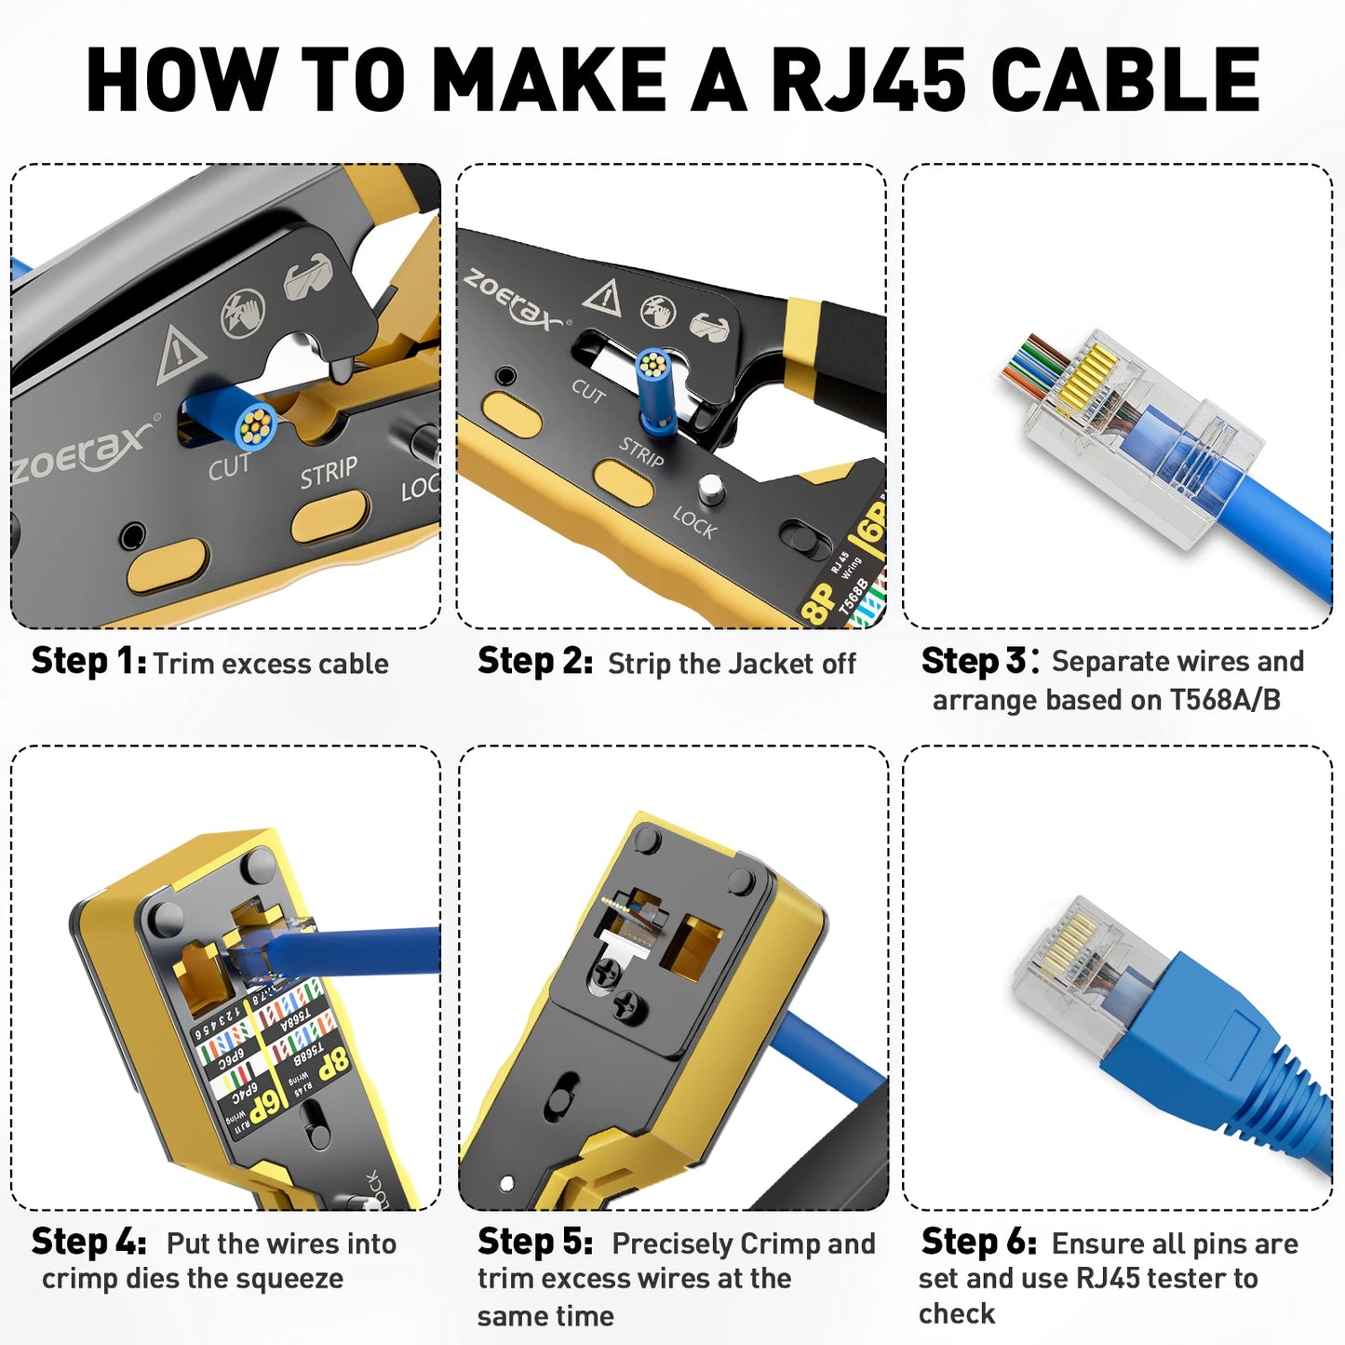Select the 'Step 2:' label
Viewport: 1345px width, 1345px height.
535,662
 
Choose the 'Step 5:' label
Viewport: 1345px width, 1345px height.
535,1242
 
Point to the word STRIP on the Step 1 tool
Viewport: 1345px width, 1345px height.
329,472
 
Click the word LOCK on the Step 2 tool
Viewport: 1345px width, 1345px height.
694,523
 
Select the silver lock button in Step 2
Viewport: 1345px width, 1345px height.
711,488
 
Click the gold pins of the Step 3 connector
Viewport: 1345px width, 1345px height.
1087,378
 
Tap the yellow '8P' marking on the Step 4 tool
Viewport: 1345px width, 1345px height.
332,1064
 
